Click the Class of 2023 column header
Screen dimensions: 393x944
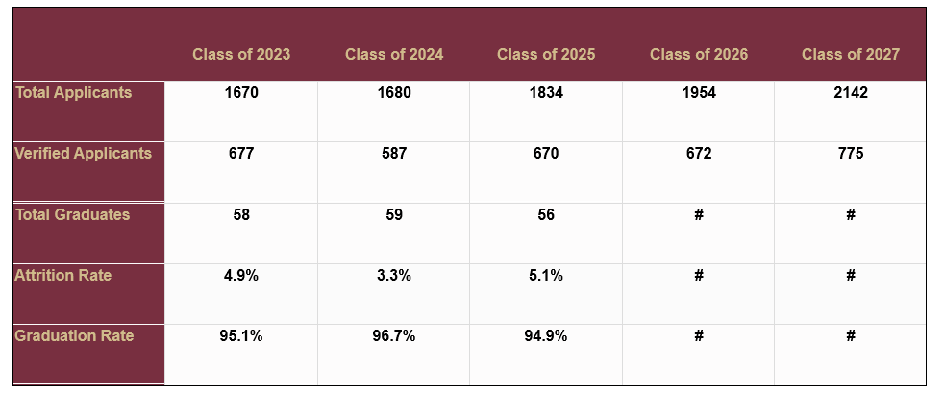(x=241, y=54)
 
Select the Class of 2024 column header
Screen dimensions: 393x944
(x=394, y=54)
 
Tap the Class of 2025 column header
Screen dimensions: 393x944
(x=546, y=54)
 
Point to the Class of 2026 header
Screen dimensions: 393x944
(x=699, y=54)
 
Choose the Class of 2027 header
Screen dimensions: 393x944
(x=851, y=54)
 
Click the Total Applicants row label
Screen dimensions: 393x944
(x=74, y=93)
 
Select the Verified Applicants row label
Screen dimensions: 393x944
(x=84, y=154)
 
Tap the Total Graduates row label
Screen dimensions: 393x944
(x=73, y=214)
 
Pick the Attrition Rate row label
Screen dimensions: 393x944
(x=63, y=276)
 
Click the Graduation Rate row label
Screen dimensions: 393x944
(x=74, y=336)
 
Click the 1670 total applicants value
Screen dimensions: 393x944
(x=241, y=93)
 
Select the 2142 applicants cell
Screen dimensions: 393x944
(x=851, y=93)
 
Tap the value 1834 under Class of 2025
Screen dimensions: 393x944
(x=546, y=93)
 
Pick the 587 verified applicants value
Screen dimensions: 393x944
(x=394, y=154)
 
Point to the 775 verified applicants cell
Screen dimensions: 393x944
(x=851, y=154)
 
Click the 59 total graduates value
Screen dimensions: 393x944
(x=394, y=215)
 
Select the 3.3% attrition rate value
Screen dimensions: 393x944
(x=394, y=276)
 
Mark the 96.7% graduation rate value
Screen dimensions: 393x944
(x=394, y=336)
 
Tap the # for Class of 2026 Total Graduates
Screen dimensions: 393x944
(x=699, y=215)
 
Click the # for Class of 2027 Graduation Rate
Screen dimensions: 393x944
(x=851, y=336)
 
